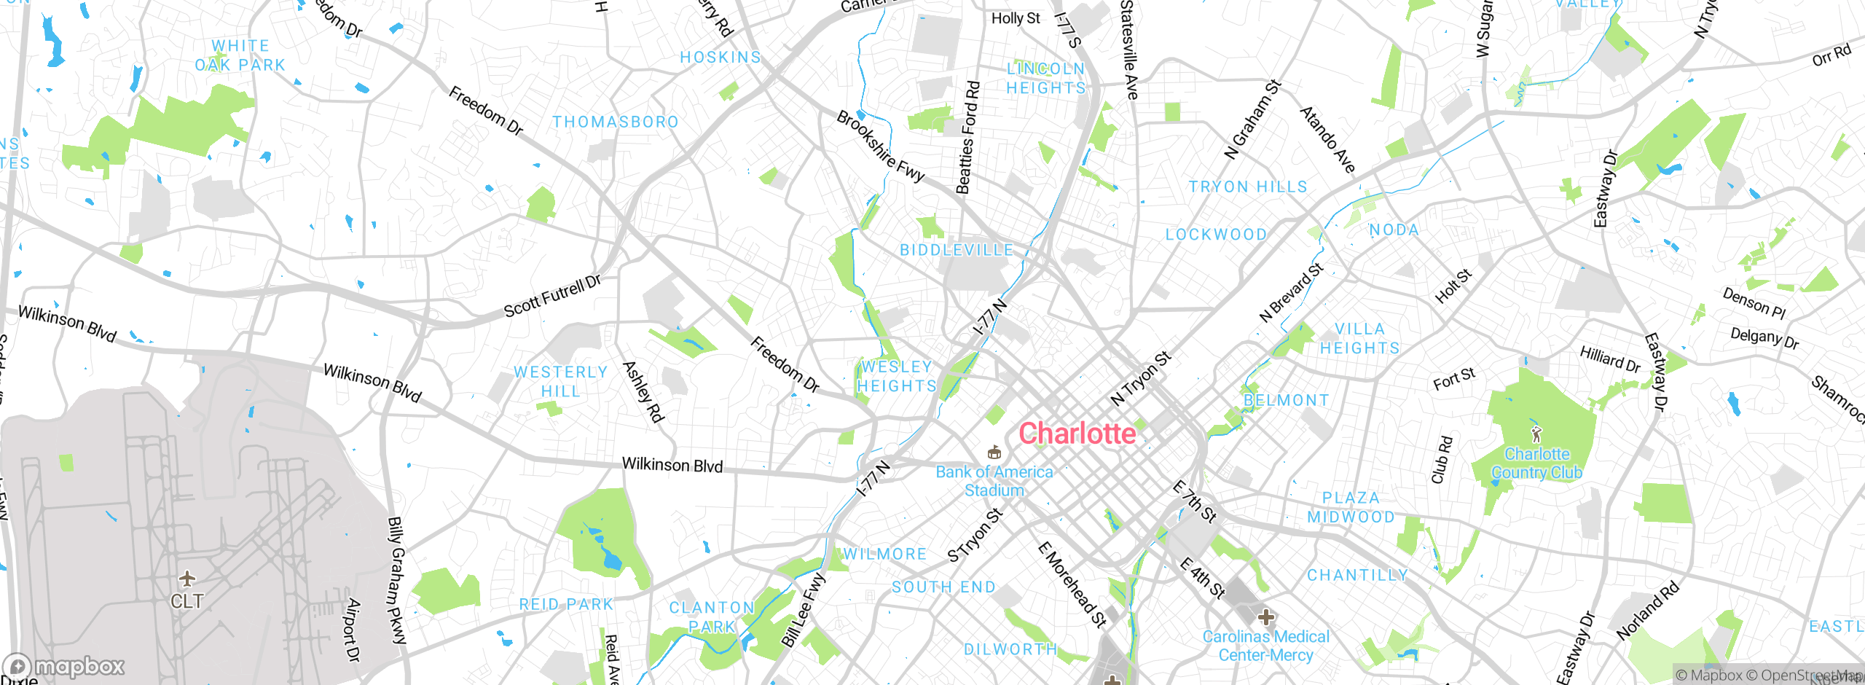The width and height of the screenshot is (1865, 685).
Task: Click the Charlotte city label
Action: tap(1077, 434)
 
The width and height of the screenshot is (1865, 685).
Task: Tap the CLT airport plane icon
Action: tap(187, 579)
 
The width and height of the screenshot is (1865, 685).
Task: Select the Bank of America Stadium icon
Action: tap(994, 453)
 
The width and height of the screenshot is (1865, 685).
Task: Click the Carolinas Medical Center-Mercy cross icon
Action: tap(1266, 617)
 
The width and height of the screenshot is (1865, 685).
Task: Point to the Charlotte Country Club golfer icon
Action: tap(1536, 435)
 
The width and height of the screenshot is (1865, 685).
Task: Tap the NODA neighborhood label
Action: tap(1394, 230)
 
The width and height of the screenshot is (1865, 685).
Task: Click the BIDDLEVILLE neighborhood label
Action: tap(957, 250)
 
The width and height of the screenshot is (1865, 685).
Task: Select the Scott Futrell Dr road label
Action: tap(552, 297)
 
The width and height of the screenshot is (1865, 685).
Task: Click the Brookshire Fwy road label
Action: tap(880, 146)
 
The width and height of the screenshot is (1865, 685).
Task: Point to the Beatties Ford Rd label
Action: tap(967, 138)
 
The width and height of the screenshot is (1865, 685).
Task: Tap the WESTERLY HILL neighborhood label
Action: tap(560, 382)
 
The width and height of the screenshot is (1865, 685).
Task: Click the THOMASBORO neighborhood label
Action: tap(615, 122)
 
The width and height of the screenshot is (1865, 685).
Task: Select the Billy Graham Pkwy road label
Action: tap(397, 580)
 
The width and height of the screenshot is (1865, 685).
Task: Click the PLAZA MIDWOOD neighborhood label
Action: tap(1351, 507)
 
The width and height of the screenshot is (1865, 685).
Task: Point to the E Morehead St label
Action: tap(1072, 584)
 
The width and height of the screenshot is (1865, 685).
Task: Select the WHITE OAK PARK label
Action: tap(240, 55)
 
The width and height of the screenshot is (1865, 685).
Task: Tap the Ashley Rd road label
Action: tap(643, 392)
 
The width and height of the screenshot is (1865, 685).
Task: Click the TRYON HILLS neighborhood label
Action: tap(1247, 187)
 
